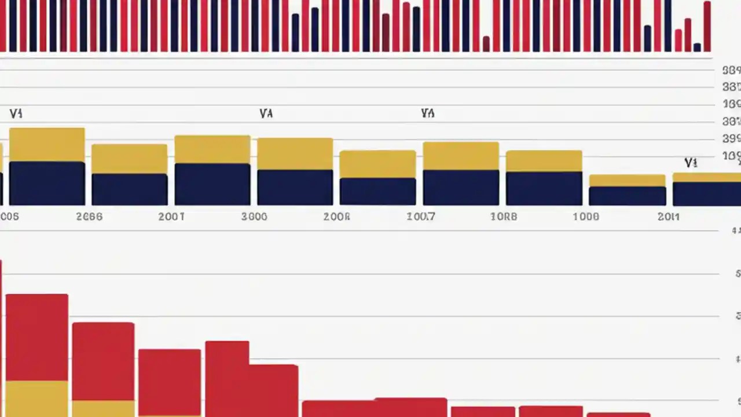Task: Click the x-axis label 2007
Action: coord(171,217)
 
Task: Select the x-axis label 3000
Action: coord(254,217)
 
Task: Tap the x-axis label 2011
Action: coord(669,217)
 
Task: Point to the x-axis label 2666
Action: coord(89,217)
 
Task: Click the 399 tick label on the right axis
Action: coord(731,139)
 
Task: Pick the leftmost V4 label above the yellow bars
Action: coord(16,114)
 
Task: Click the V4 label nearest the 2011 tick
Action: coord(691,163)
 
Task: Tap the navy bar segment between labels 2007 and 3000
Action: coord(212,184)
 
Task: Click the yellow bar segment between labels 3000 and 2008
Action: coord(295,154)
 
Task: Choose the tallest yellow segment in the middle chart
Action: coord(47,145)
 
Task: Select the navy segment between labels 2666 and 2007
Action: coord(130,189)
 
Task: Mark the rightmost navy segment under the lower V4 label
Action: coord(706,194)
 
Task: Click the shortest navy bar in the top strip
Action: coord(697,47)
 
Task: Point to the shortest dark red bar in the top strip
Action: coord(486,44)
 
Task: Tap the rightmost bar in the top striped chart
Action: coord(707,27)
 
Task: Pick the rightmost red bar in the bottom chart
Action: coord(618,415)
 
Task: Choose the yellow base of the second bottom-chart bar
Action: coord(103,408)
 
